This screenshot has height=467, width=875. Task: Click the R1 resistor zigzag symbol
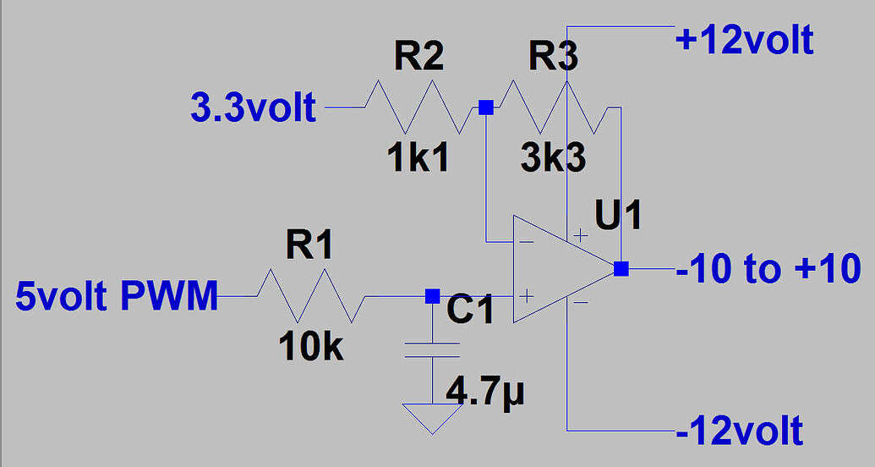(x=310, y=296)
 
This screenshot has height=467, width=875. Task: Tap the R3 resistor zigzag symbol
(x=555, y=107)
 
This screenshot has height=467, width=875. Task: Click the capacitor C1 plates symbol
(x=432, y=349)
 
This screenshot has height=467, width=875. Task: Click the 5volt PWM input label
(x=117, y=297)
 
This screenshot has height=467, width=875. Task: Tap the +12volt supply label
(x=744, y=40)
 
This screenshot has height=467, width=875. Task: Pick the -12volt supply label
(x=739, y=431)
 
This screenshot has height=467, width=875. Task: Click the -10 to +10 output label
(x=768, y=269)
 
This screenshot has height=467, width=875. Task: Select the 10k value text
(x=311, y=347)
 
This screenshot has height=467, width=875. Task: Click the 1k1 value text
(x=418, y=158)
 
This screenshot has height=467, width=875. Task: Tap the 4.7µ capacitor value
(x=486, y=393)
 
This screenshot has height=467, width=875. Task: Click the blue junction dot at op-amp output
(x=621, y=269)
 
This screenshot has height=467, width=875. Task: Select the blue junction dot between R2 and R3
(x=486, y=107)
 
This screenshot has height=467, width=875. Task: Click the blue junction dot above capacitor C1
(x=432, y=296)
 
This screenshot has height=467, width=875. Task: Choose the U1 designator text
(x=618, y=217)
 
